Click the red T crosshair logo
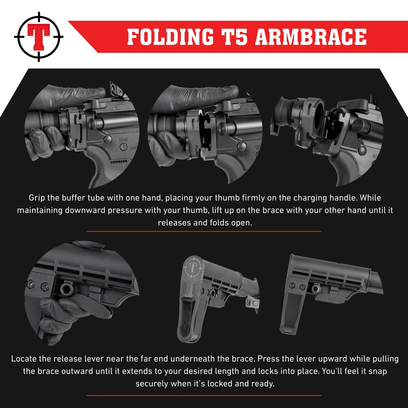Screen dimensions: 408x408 point(39,37)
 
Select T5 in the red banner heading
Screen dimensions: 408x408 point(234,37)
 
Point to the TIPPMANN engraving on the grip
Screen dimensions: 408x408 point(119,162)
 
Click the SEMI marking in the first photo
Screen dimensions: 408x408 point(123,140)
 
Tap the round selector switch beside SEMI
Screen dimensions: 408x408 point(123,147)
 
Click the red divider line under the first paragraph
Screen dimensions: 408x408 point(204,231)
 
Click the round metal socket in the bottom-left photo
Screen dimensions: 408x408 point(67,289)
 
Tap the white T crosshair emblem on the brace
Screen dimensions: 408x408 point(193,267)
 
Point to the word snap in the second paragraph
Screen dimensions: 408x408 point(378,371)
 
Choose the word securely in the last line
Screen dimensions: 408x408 point(152,384)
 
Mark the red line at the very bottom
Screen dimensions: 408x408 point(204,396)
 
